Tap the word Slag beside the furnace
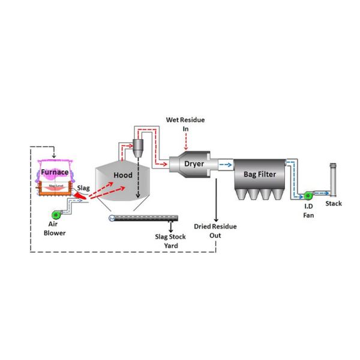click(83, 188)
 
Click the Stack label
click(333, 204)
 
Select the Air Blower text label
click(57, 229)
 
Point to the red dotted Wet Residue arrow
click(186, 142)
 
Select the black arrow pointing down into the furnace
click(55, 152)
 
